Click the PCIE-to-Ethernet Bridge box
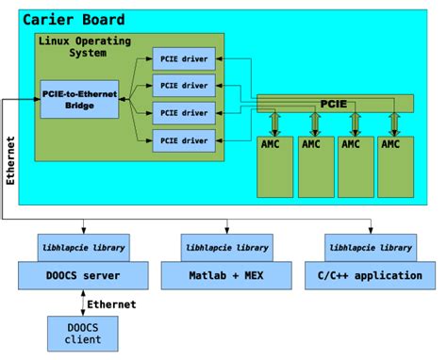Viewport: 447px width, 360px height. [x=80, y=99]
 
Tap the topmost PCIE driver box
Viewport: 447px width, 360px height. [x=183, y=58]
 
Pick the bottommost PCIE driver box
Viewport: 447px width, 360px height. [x=183, y=140]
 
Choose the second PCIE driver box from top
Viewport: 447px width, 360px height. [x=183, y=86]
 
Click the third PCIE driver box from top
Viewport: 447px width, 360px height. [x=183, y=113]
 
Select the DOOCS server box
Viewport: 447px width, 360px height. [x=84, y=275]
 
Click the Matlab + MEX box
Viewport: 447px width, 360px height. [x=226, y=275]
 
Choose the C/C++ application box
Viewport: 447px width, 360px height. [x=370, y=275]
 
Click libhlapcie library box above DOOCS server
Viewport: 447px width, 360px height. [x=84, y=248]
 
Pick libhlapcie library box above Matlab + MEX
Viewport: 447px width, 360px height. [x=226, y=248]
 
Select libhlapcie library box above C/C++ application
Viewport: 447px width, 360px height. [x=370, y=248]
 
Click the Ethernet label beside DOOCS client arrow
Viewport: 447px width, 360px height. [x=111, y=304]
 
